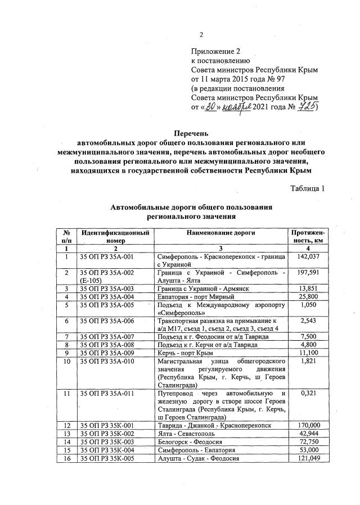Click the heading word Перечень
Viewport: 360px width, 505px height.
(191, 134)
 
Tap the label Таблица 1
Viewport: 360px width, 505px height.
(308, 188)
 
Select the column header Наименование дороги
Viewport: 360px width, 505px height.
(221, 232)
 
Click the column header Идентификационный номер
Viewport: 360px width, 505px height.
(115, 236)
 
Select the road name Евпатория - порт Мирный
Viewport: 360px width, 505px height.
(195, 296)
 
